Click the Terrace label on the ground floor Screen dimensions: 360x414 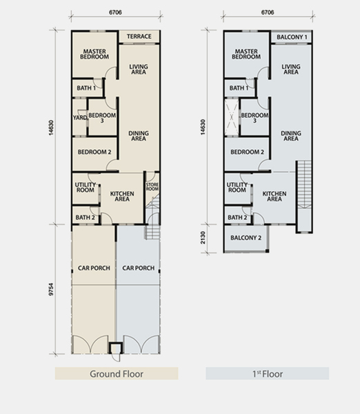[139, 37]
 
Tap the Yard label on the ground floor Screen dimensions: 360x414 [80, 117]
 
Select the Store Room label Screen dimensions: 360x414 [152, 187]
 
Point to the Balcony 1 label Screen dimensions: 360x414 [292, 37]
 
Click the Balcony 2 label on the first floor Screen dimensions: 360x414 [246, 238]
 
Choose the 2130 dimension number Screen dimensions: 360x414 [203, 237]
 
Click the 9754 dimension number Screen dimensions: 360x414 [51, 289]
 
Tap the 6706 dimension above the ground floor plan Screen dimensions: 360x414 [115, 12]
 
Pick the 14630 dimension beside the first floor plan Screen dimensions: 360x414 [203, 127]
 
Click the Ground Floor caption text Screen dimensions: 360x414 [117, 374]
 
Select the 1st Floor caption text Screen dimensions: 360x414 [268, 374]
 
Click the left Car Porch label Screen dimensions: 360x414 [94, 268]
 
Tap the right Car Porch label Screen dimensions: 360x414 [139, 268]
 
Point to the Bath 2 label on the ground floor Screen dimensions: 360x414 [86, 217]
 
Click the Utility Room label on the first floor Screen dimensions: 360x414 [237, 187]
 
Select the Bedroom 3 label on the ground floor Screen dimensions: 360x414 [102, 118]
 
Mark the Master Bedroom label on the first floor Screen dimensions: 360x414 [246, 54]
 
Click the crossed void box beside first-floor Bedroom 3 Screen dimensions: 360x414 [232, 117]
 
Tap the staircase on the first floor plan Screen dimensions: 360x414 [304, 197]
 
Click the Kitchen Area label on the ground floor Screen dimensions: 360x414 [122, 196]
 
